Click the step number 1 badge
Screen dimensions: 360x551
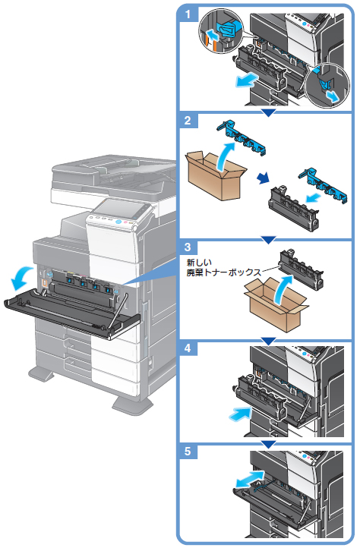click(188, 14)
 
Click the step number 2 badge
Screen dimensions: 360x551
click(188, 121)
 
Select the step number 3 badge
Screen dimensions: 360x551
click(188, 247)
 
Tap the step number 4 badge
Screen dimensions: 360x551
click(188, 348)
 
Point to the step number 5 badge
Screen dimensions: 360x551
click(188, 451)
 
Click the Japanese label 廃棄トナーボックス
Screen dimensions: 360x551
click(223, 272)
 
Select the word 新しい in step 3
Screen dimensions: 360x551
click(199, 263)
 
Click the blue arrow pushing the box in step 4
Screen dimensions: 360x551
click(241, 413)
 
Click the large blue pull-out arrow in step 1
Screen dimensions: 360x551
click(247, 80)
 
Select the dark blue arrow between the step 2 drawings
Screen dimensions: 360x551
click(263, 178)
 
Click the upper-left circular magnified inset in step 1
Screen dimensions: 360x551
click(222, 31)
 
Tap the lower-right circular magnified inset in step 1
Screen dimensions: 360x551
click(327, 86)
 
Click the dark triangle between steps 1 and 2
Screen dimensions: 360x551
click(269, 113)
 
